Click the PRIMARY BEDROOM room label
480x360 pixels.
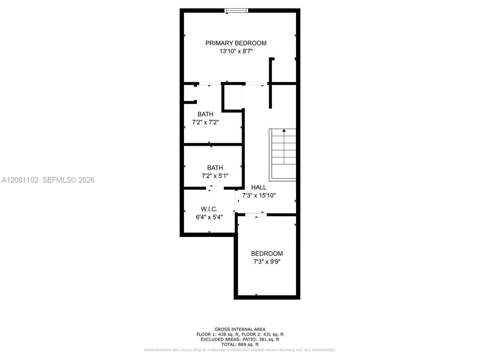pyautogui.click(x=236, y=43)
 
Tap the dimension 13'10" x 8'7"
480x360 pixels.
pyautogui.click(x=236, y=51)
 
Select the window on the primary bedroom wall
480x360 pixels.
pyautogui.click(x=236, y=10)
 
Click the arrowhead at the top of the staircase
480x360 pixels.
pyautogui.click(x=284, y=130)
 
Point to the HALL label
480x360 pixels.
pyautogui.click(x=259, y=187)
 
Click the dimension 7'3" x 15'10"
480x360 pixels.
pyautogui.click(x=259, y=195)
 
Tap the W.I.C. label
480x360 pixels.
pyautogui.click(x=209, y=209)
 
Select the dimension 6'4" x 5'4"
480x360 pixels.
pyautogui.click(x=209, y=217)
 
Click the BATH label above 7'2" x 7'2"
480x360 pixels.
pyautogui.click(x=205, y=114)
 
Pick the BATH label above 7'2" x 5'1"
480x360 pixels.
pyautogui.click(x=215, y=168)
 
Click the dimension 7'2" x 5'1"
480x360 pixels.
pyautogui.click(x=215, y=176)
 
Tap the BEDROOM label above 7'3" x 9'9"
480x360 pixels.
pyautogui.click(x=267, y=253)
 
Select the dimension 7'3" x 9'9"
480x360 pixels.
pyautogui.click(x=267, y=262)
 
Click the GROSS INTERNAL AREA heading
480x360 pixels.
pyautogui.click(x=240, y=329)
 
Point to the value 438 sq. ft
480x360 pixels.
pyautogui.click(x=227, y=334)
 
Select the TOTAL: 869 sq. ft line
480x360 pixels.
pyautogui.click(x=240, y=345)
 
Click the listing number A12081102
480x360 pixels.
pyautogui.click(x=20, y=180)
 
